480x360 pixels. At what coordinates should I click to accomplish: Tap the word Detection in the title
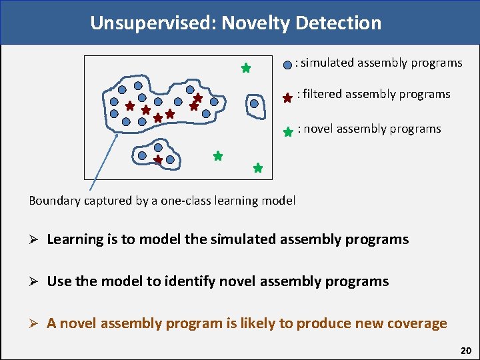pyautogui.click(x=341, y=23)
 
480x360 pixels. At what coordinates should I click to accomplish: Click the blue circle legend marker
pyautogui.click(x=287, y=65)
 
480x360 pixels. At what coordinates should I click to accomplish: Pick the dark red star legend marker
pyautogui.click(x=287, y=97)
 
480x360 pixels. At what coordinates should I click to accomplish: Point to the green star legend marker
pyautogui.click(x=288, y=132)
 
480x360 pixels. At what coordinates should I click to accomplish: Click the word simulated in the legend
pyautogui.click(x=327, y=63)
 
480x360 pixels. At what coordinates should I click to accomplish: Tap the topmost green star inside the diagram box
pyautogui.click(x=245, y=68)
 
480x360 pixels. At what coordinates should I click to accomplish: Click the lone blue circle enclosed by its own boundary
pyautogui.click(x=254, y=103)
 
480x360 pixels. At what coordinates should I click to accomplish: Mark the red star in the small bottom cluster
pyautogui.click(x=158, y=160)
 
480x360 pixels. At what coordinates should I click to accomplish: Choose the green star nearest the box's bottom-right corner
pyautogui.click(x=258, y=169)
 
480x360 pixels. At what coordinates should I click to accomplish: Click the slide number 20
pyautogui.click(x=465, y=350)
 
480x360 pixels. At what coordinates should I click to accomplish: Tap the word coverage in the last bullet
pyautogui.click(x=414, y=323)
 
